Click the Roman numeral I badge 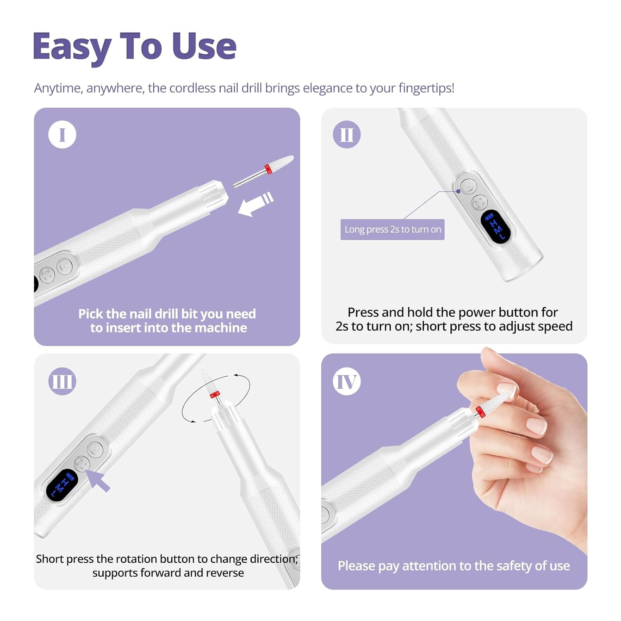pyautogui.click(x=62, y=135)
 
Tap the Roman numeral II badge pyautogui.click(x=347, y=135)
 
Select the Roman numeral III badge pyautogui.click(x=62, y=381)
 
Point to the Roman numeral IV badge pyautogui.click(x=347, y=381)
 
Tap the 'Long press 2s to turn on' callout pyautogui.click(x=392, y=229)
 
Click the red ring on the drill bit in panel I pyautogui.click(x=268, y=168)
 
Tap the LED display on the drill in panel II pyautogui.click(x=496, y=226)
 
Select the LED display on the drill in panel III pyautogui.click(x=62, y=485)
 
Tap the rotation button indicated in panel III pyautogui.click(x=82, y=463)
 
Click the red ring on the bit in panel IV pyautogui.click(x=480, y=412)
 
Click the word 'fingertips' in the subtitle pyautogui.click(x=426, y=89)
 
